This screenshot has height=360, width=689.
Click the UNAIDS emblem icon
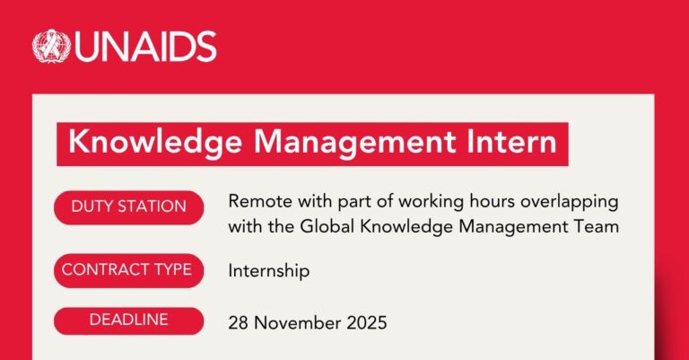52,46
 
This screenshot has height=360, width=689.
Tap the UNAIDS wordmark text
144,47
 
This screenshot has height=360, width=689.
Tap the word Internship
269,269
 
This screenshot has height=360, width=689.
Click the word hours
494,201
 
